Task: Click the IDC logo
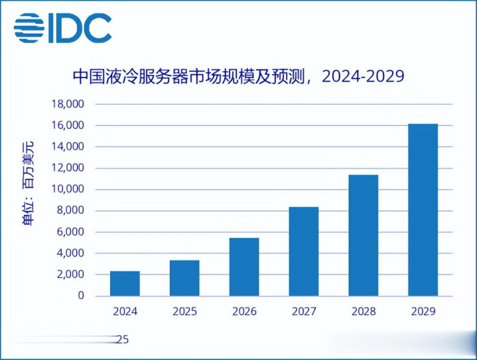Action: coord(62,27)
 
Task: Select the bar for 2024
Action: coord(125,283)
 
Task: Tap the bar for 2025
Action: coord(184,278)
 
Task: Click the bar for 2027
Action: coord(304,251)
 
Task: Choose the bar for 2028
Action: coord(363,235)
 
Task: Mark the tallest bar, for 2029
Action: coord(423,210)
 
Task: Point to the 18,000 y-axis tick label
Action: coord(67,104)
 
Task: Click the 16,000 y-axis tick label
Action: coord(67,125)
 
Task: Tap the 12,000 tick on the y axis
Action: coord(67,168)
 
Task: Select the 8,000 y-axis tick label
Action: coord(70,211)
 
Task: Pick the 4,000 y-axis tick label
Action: coord(70,253)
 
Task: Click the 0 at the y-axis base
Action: coord(81,296)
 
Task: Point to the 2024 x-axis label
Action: coord(125,311)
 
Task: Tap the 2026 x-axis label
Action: coord(244,311)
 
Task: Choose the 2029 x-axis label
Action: coord(423,311)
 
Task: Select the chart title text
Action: coord(238,76)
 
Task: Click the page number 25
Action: coord(122,340)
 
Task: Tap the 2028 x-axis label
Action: coord(363,311)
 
